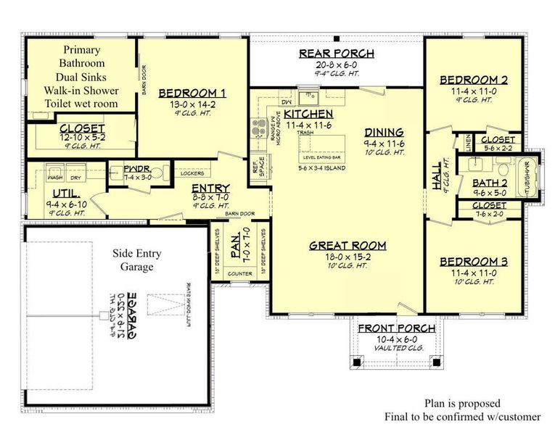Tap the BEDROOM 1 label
[x=192, y=93]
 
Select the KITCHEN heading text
[x=308, y=115]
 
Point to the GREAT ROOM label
[x=348, y=246]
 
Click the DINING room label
[x=384, y=133]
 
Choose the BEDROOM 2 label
[x=473, y=80]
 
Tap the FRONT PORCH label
[x=398, y=328]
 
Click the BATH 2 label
[x=489, y=183]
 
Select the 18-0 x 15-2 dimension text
[x=348, y=257]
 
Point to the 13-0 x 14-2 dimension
[x=192, y=104]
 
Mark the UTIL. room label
[x=66, y=194]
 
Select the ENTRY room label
[x=210, y=188]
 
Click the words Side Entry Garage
[x=136, y=260]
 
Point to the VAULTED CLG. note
[x=398, y=348]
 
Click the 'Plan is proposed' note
[x=462, y=403]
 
